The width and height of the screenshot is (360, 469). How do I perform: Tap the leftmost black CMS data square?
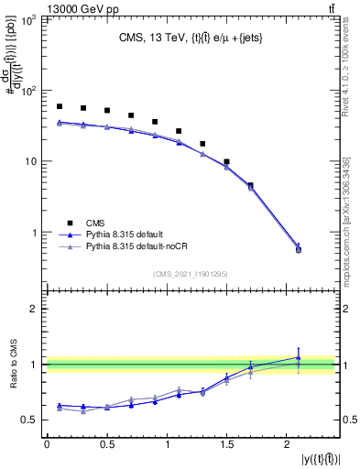click(x=60, y=106)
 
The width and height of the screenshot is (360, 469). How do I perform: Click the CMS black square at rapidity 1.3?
click(x=202, y=144)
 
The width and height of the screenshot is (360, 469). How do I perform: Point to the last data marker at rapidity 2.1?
click(x=298, y=249)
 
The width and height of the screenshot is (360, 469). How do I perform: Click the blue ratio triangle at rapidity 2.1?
click(x=298, y=357)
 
